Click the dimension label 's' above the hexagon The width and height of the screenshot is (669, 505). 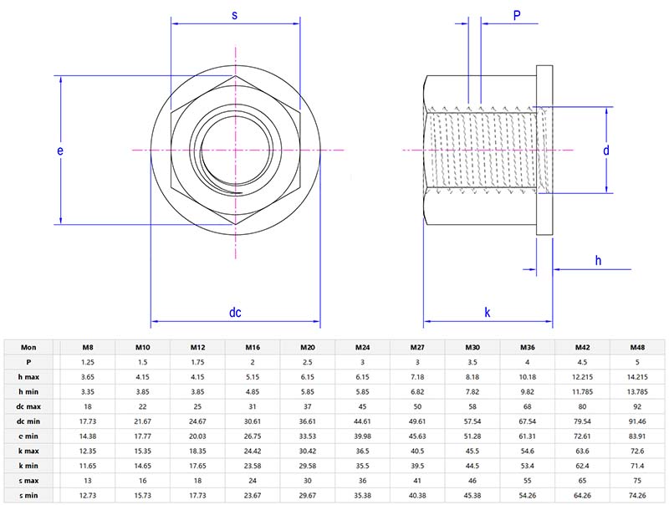(235, 15)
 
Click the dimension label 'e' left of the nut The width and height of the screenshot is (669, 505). (59, 150)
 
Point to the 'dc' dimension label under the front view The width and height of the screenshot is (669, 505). (235, 313)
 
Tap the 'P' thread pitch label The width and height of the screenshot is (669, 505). (518, 15)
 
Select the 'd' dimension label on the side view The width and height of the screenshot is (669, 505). (605, 150)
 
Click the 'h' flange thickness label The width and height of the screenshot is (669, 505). (598, 261)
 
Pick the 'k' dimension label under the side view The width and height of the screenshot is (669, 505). (487, 313)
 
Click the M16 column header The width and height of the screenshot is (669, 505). (252, 347)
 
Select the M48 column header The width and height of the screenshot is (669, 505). (637, 347)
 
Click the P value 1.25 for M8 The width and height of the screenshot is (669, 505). (87, 362)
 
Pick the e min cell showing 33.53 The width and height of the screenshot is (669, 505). (307, 436)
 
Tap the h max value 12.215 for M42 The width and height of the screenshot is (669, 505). (582, 377)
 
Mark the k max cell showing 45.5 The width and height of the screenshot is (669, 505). (472, 451)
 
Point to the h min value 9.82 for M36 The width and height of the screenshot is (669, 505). (527, 392)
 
